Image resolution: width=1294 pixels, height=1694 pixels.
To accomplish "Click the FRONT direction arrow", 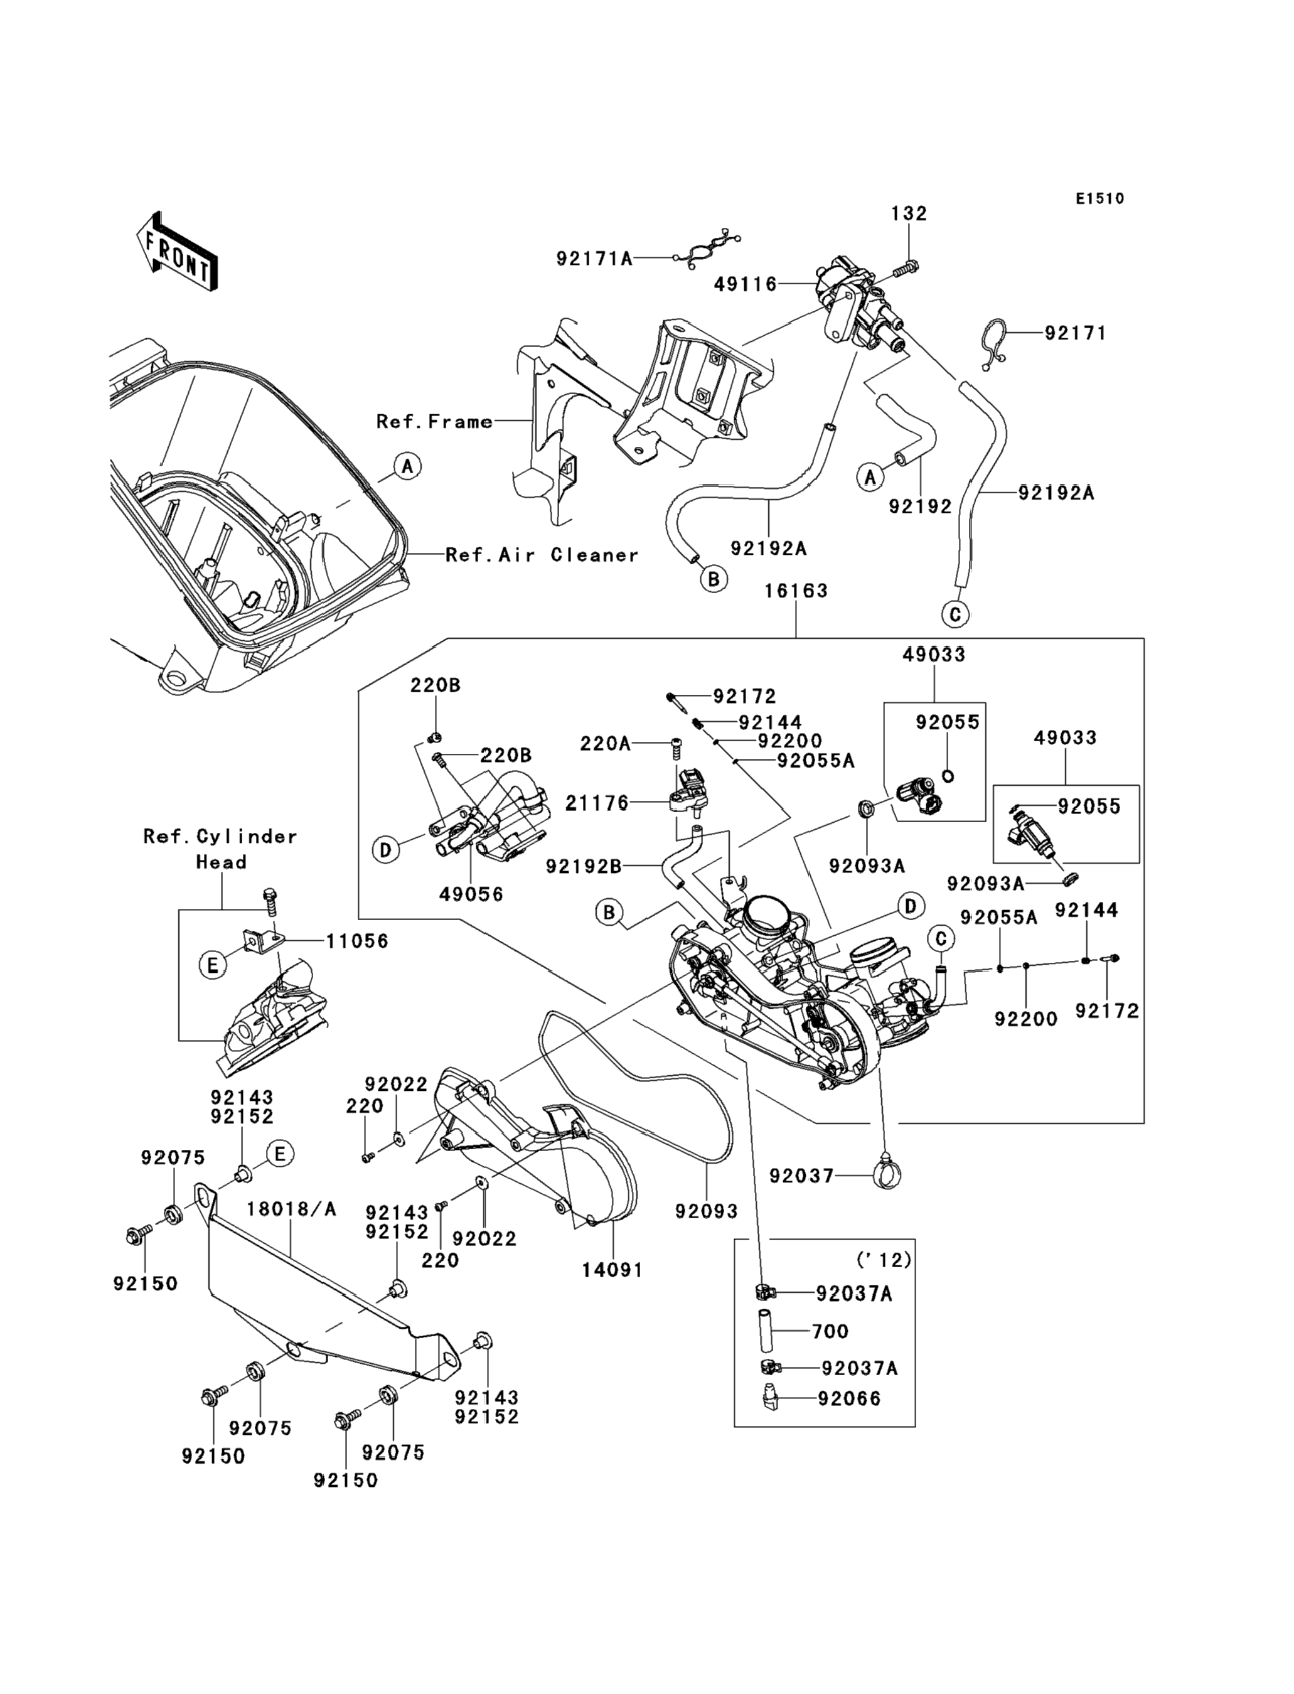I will click(x=176, y=251).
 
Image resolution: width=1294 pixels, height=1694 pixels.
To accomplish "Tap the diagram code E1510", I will click(x=1100, y=199).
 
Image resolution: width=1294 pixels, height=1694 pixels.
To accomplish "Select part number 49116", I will click(x=745, y=284).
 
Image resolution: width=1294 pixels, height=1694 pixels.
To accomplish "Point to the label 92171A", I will click(x=594, y=259).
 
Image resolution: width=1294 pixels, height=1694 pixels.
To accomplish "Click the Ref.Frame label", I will click(x=434, y=421).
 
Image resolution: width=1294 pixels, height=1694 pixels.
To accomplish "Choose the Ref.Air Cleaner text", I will click(x=542, y=555).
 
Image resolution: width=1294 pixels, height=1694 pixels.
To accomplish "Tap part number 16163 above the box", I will click(x=796, y=591).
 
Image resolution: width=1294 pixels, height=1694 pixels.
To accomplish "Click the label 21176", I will click(x=597, y=803).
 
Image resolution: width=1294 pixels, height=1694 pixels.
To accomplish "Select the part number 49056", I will click(x=471, y=894).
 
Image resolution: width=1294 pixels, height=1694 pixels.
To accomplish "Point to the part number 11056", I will click(x=356, y=941).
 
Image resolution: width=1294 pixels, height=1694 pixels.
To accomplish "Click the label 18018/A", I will click(x=291, y=1209).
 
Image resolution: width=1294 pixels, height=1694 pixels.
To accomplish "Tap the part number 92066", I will click(x=849, y=1398).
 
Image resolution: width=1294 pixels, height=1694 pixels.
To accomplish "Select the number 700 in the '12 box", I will click(x=830, y=1331).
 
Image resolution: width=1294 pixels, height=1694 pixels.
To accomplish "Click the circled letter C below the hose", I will click(x=955, y=614).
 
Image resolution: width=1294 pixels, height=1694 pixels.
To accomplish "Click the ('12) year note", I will click(x=884, y=1260).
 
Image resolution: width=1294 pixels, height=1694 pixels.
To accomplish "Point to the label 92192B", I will click(x=583, y=867).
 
